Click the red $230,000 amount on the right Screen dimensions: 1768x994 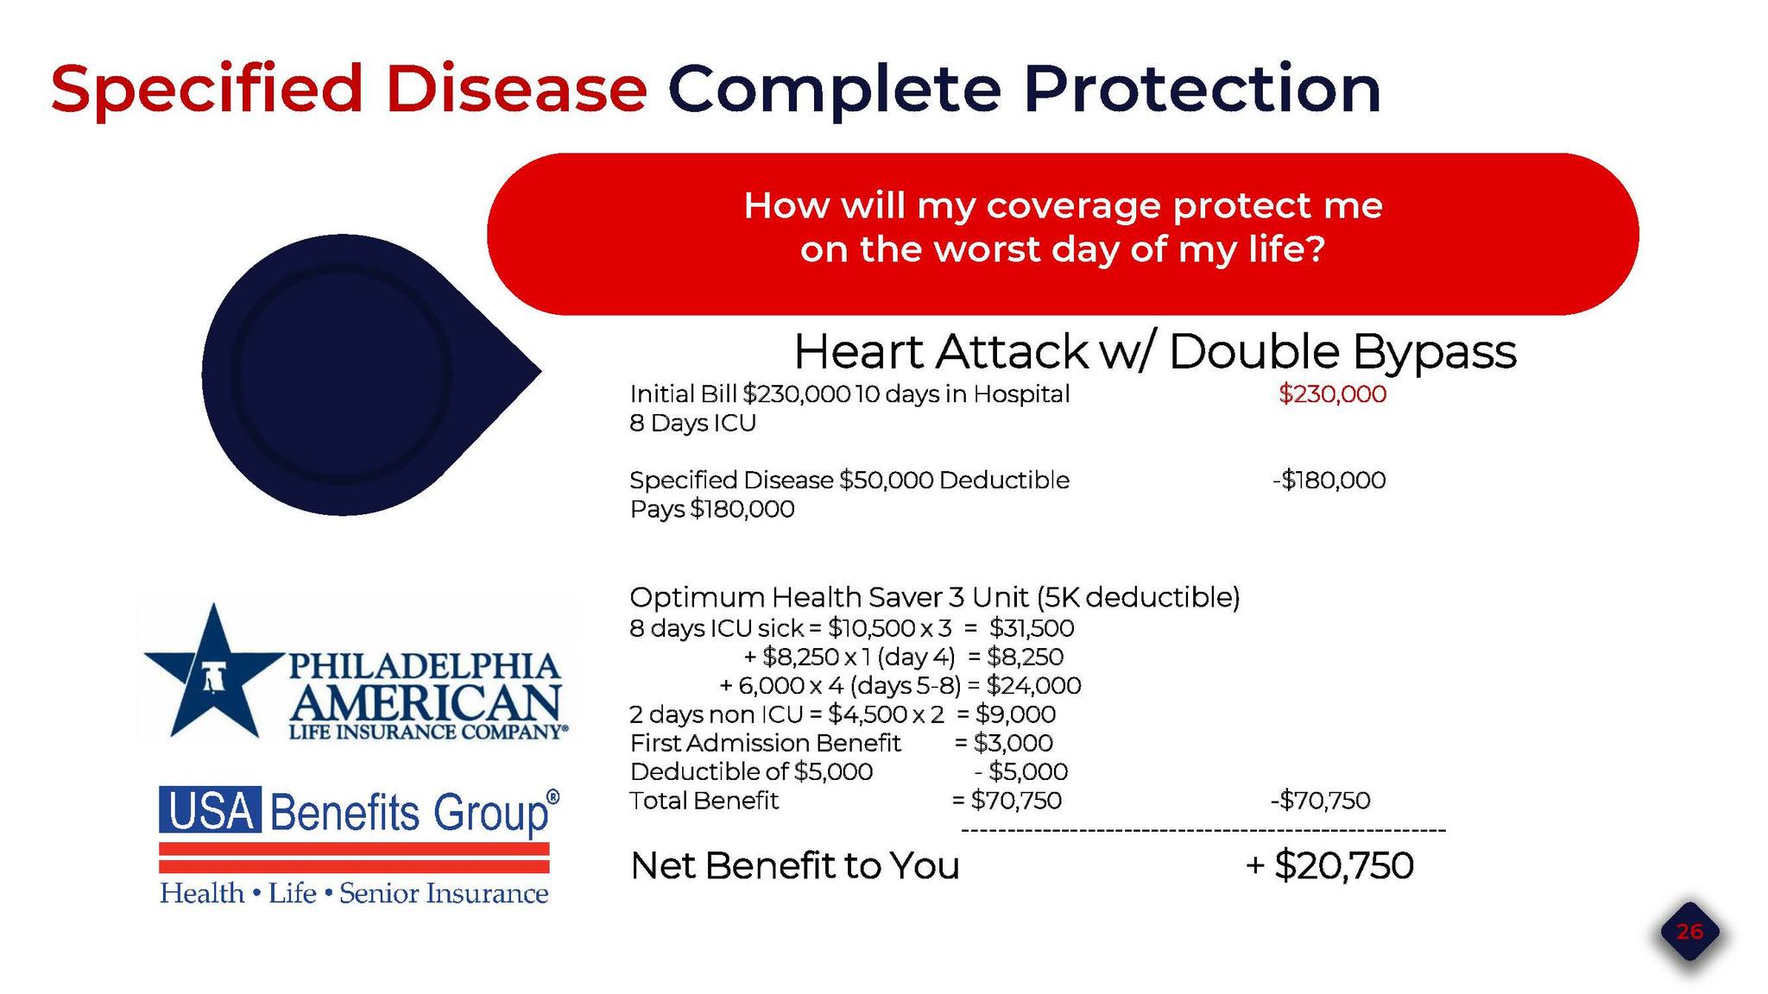click(1332, 394)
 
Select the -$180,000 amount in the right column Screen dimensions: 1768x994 click(1329, 480)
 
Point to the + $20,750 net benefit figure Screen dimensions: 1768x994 click(1329, 865)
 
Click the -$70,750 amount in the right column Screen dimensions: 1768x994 click(1320, 801)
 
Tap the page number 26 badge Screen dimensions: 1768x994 click(1689, 932)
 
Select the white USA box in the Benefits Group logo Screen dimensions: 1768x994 click(210, 809)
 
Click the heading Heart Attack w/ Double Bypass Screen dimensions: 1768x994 click(1154, 351)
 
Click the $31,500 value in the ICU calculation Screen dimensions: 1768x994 click(1032, 628)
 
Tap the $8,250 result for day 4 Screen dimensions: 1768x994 click(1025, 657)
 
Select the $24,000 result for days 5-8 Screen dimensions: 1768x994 click(1033, 686)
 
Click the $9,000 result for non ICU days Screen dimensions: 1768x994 click(1015, 714)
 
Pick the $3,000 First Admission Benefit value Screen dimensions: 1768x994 click(1013, 743)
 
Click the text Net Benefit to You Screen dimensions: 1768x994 click(795, 865)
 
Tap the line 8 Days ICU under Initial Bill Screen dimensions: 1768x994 click(693, 424)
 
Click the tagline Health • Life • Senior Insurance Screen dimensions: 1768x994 click(354, 893)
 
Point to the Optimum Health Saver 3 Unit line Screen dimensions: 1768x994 click(935, 597)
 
